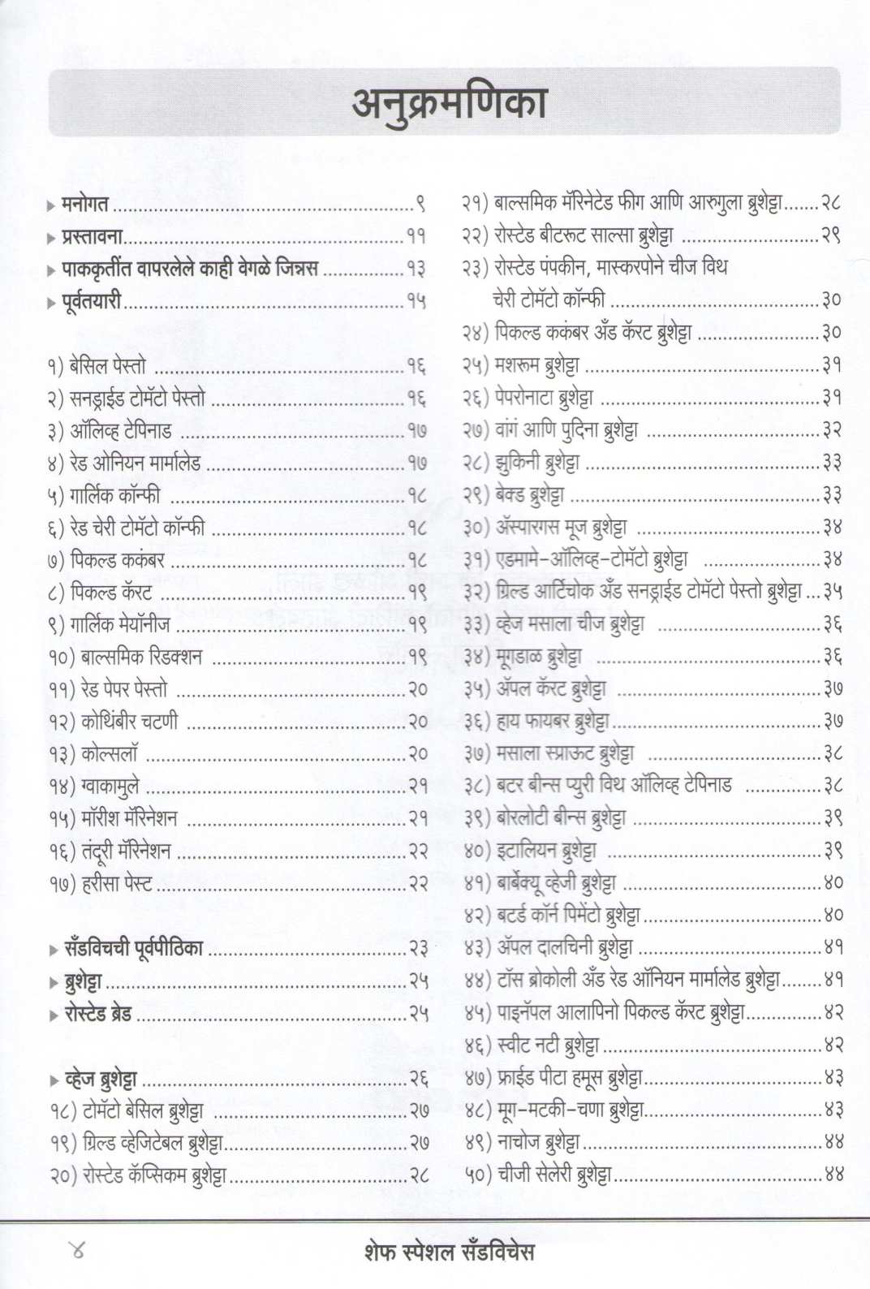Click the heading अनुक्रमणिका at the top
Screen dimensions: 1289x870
449,104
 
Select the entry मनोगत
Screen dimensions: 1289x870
84,205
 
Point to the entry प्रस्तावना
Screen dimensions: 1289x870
92,237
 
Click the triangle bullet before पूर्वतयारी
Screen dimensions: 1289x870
52,303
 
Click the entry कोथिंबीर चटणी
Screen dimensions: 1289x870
129,721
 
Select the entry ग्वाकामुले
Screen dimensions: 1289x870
110,786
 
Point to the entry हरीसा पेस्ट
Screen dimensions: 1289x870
117,883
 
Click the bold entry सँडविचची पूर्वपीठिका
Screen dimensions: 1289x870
133,948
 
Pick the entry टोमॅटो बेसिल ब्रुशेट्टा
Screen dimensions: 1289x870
143,1111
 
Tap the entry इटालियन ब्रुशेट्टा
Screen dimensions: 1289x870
545,850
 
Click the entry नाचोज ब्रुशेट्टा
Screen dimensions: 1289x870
536,1141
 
